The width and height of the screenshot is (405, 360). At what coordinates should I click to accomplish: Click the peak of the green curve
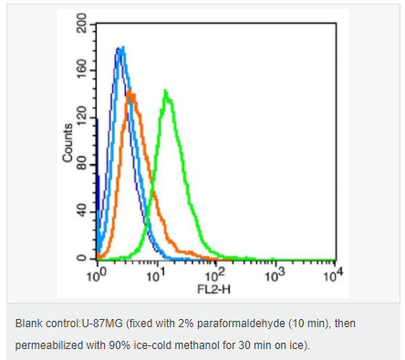click(165, 90)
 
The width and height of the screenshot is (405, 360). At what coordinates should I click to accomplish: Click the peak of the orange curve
click(130, 90)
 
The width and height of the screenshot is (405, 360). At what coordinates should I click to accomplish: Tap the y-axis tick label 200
click(81, 23)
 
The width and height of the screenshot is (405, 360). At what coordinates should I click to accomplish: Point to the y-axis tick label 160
click(81, 69)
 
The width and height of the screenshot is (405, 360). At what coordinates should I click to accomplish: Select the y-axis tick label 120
click(81, 117)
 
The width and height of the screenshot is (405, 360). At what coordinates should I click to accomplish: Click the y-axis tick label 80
click(81, 164)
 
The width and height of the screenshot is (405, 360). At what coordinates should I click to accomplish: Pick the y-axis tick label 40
click(81, 211)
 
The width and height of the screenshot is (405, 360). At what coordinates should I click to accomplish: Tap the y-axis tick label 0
click(81, 259)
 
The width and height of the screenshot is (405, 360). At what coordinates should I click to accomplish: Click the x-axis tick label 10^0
click(97, 275)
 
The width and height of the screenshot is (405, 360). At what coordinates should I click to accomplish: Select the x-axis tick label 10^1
click(156, 275)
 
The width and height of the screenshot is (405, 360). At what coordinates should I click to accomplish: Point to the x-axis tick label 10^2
click(215, 275)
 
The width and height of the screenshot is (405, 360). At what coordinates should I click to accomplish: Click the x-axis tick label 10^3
click(275, 275)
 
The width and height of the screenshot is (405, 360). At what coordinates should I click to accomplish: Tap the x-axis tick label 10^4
click(333, 275)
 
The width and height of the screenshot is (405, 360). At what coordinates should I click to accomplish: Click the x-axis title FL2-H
click(213, 289)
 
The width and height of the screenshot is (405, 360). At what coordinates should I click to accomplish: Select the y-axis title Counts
click(67, 142)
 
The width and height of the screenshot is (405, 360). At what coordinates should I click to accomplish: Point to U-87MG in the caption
click(101, 324)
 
